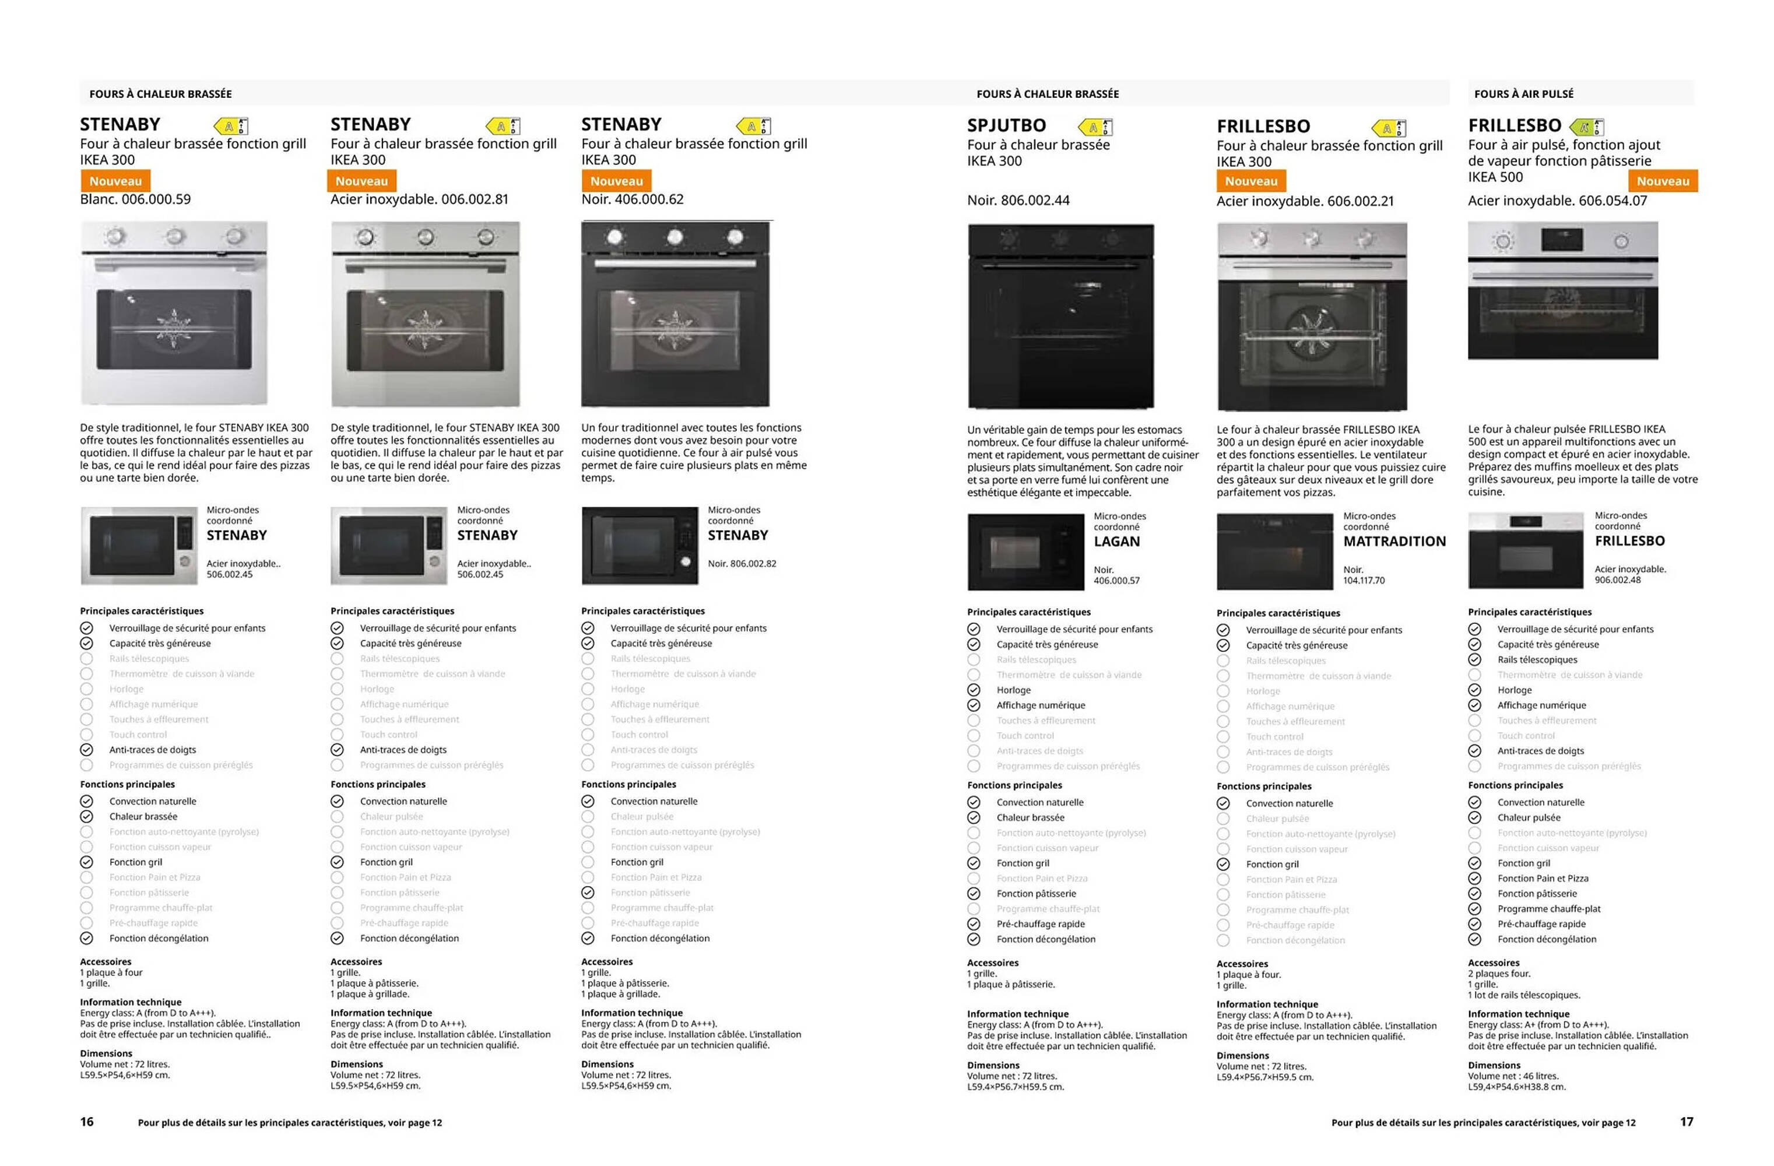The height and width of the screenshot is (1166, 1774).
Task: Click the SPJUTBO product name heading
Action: [1006, 125]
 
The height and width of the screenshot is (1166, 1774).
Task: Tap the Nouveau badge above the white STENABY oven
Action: [115, 181]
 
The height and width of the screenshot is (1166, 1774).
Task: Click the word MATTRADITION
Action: [1394, 541]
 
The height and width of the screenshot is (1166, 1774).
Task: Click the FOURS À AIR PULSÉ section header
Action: [1523, 94]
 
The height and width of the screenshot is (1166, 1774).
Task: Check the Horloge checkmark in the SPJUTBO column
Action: [974, 690]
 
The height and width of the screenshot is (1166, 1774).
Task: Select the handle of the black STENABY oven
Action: [675, 263]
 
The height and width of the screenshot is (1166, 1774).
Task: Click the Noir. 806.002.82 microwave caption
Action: [742, 564]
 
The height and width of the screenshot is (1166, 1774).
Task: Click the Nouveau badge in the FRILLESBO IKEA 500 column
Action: [1662, 181]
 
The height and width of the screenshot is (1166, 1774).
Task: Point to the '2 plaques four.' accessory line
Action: [1499, 974]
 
